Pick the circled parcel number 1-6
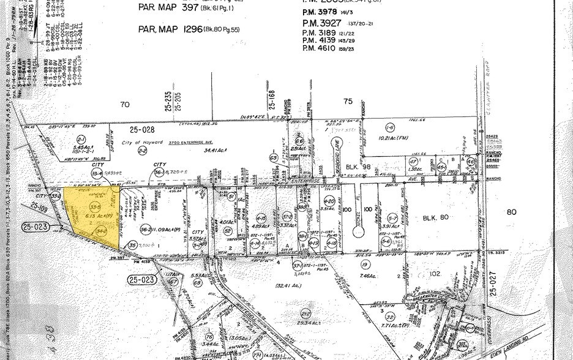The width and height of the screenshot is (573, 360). (x=389, y=127)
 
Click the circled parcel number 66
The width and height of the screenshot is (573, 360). (x=299, y=140)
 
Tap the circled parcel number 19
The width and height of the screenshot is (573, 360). (x=365, y=264)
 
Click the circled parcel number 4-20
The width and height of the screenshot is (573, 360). (x=329, y=201)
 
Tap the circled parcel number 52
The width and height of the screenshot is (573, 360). (x=228, y=230)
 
